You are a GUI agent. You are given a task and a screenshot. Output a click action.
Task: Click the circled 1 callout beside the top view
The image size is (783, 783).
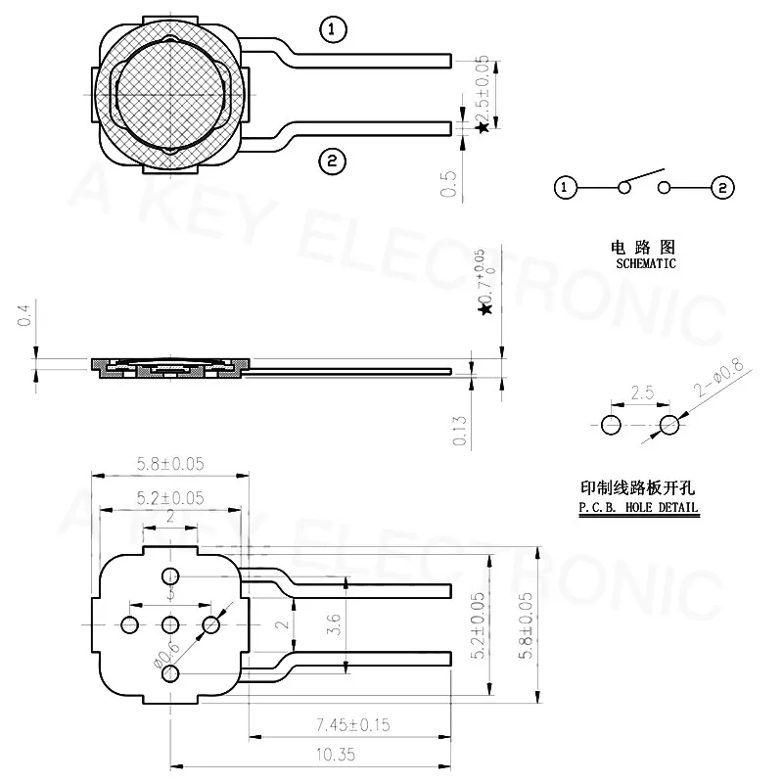tap(333, 30)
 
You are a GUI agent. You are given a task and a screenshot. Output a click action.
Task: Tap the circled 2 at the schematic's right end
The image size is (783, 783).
tap(722, 186)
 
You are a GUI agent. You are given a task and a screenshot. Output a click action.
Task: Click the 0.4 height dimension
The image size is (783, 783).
tap(25, 315)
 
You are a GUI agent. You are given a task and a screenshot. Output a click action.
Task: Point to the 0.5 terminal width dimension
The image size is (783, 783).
tap(449, 183)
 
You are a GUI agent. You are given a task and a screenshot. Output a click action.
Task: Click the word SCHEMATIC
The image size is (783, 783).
tap(645, 264)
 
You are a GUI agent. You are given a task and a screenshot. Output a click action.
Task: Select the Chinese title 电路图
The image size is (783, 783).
tap(646, 248)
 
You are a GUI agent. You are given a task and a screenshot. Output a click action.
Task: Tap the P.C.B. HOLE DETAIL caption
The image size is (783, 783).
tap(638, 507)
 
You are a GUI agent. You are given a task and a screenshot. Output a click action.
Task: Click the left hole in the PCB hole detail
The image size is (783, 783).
tap(611, 425)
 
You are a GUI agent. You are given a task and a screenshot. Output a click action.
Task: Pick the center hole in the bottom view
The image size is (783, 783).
tap(170, 624)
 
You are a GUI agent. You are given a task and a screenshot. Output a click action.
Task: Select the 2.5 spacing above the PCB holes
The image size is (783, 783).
tap(641, 392)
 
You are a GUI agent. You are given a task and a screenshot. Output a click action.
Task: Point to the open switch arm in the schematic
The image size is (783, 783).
tap(641, 178)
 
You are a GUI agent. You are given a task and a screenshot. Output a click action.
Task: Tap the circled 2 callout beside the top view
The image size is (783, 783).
tap(333, 161)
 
